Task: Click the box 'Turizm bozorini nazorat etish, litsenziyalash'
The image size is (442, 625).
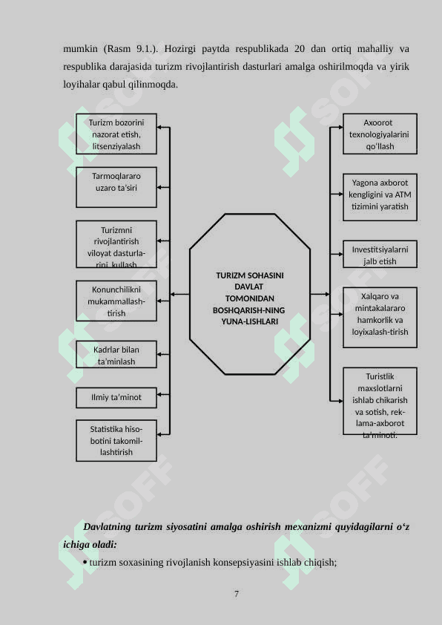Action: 116,134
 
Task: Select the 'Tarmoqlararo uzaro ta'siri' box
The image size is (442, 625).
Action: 116,187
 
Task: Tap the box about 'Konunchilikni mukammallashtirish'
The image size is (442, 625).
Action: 116,301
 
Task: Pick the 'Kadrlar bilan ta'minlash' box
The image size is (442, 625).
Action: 116,354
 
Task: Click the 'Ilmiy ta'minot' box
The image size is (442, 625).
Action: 116,398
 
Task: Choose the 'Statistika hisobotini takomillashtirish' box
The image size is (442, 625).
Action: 116,440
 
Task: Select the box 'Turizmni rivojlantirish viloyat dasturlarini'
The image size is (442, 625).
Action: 116,244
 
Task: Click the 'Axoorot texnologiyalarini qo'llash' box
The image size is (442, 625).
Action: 380,134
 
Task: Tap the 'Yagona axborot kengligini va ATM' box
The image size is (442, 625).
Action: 380,197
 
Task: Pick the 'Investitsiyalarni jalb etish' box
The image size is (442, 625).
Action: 380,255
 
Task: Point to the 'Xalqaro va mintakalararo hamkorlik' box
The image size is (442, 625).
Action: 380,318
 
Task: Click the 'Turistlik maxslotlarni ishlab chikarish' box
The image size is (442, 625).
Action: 380,401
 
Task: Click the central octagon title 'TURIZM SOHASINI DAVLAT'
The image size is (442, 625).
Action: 250,281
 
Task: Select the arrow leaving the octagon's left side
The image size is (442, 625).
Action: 180,294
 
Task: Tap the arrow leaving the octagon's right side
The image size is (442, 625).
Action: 320,294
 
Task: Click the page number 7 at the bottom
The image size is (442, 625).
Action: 237,594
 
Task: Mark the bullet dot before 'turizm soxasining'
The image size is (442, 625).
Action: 85,563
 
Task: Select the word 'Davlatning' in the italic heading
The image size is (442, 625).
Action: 107,527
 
